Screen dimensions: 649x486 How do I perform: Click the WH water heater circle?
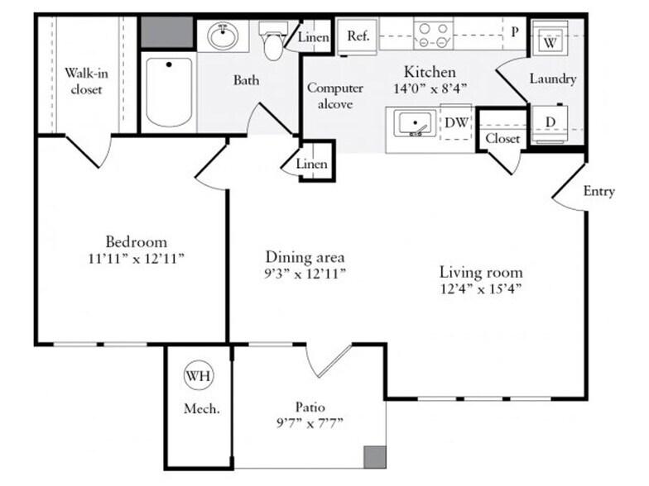[199, 375]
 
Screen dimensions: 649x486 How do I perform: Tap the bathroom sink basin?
[223, 36]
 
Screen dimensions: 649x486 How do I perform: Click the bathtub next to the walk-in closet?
[169, 93]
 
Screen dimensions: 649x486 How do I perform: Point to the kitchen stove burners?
[433, 36]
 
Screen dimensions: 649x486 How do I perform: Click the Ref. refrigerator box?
[358, 36]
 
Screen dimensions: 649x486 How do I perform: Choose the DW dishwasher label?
[456, 122]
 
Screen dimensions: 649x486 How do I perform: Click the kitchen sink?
[415, 123]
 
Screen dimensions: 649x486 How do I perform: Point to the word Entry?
[599, 192]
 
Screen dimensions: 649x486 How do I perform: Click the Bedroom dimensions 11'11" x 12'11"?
[136, 259]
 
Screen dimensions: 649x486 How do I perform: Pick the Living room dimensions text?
[480, 288]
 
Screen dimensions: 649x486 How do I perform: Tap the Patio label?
[310, 407]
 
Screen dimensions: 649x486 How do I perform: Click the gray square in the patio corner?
[375, 457]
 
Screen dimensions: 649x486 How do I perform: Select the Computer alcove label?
[334, 96]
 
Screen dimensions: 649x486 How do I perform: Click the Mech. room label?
[202, 408]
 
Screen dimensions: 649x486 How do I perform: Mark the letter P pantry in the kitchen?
[515, 31]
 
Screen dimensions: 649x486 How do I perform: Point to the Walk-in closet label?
[86, 81]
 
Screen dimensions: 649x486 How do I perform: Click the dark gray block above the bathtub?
[167, 32]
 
